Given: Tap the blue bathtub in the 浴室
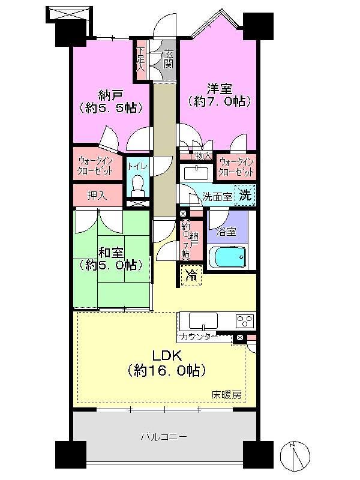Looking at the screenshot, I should pyautogui.click(x=227, y=258).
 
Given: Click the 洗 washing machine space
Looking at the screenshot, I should pyautogui.click(x=245, y=194).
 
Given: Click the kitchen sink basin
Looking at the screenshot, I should pyautogui.click(x=198, y=319).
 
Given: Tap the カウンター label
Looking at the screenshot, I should pyautogui.click(x=198, y=337).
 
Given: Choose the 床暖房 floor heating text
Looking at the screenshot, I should pyautogui.click(x=226, y=395).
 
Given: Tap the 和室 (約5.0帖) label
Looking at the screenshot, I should pyautogui.click(x=112, y=257).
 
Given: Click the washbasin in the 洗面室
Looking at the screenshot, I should pyautogui.click(x=196, y=173).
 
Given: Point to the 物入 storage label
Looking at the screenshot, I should pyautogui.click(x=204, y=155).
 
